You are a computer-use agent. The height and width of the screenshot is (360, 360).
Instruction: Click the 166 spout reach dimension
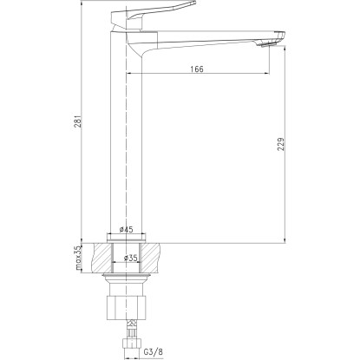(x=197, y=69)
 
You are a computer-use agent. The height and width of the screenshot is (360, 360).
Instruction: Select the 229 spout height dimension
(x=281, y=144)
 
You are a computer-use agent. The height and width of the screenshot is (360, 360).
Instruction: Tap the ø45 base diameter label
(x=127, y=230)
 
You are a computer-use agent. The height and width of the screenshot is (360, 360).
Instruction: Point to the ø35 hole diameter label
(x=130, y=258)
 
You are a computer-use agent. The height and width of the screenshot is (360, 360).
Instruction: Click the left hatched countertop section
(x=101, y=258)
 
